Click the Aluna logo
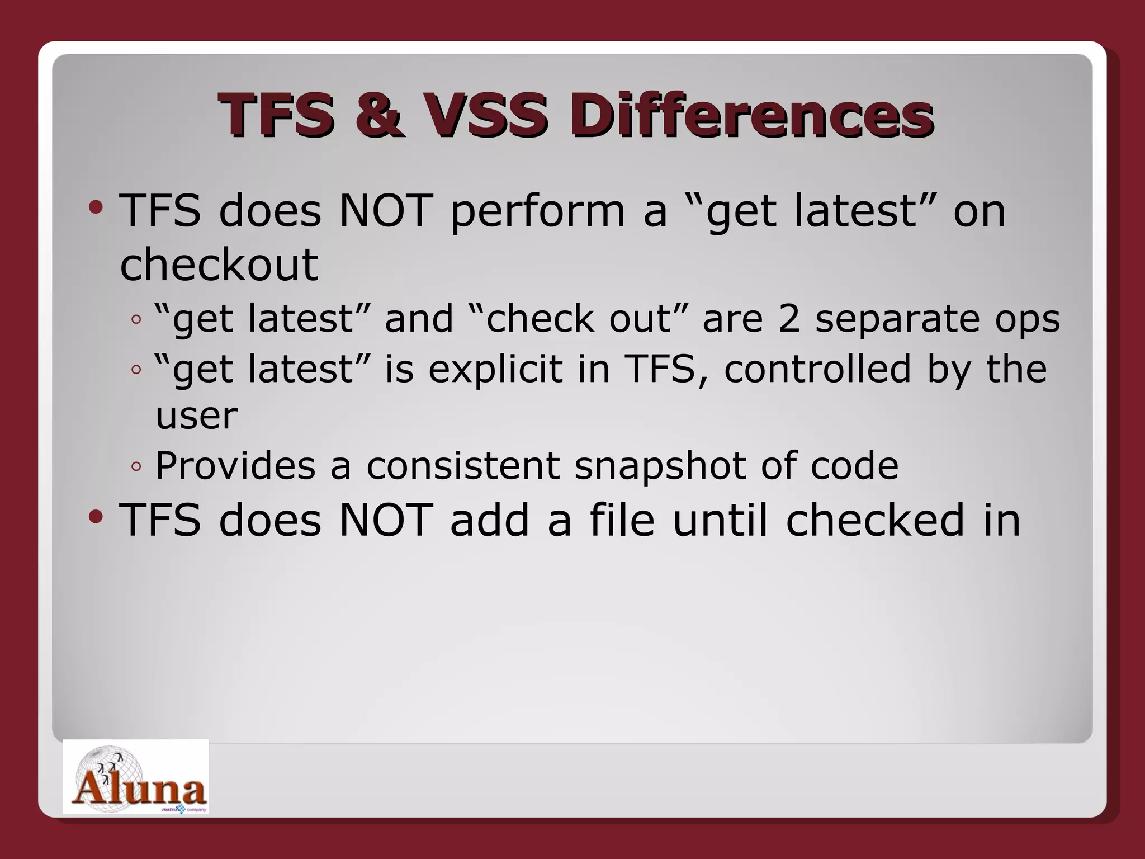[x=135, y=777]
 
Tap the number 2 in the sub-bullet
[x=789, y=319]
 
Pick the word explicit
[x=495, y=369]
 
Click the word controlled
[x=817, y=369]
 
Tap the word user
[x=196, y=417]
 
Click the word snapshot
[x=660, y=465]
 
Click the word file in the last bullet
[x=622, y=520]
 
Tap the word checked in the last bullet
[x=874, y=520]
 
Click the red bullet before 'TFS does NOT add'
[x=96, y=517]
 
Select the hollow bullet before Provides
[x=136, y=466]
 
